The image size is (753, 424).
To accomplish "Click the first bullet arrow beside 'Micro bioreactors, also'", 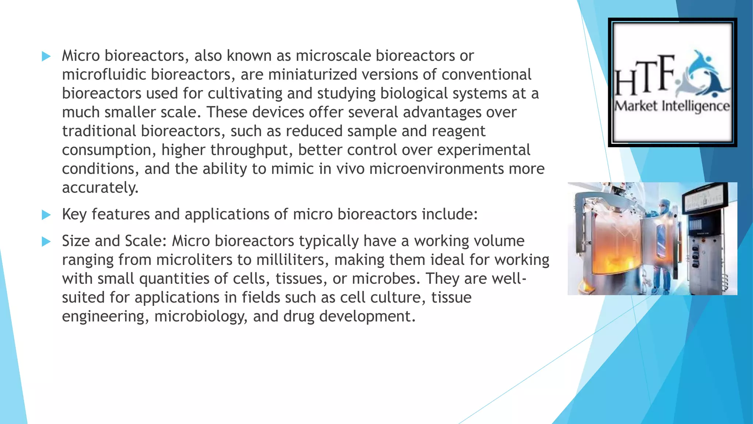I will (46, 56).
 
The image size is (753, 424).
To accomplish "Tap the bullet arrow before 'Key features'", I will (46, 215).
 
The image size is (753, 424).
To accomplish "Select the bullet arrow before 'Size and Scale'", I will (46, 241).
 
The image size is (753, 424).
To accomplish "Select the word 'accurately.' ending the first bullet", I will (100, 188).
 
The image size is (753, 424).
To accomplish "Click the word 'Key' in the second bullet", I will (74, 215).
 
